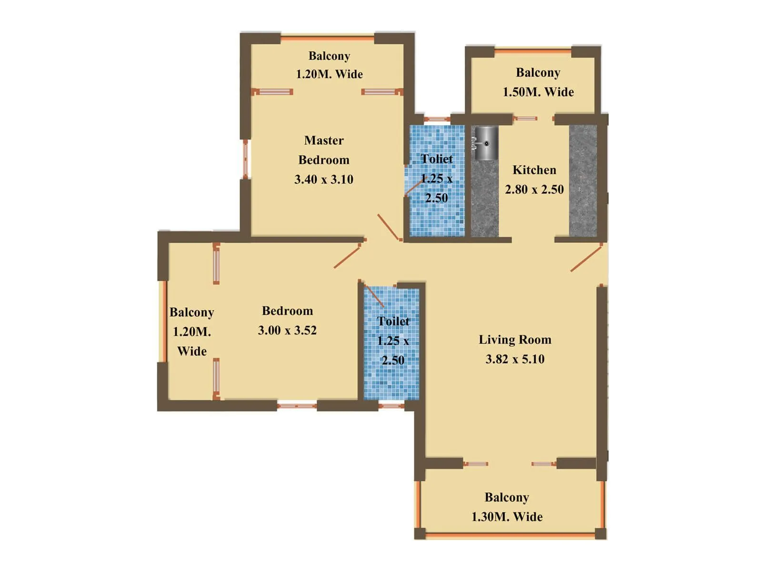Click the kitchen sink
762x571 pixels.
(485, 143)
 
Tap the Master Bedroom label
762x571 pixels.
(324, 150)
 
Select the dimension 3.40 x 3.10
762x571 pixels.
(324, 179)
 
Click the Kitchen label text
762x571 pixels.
(534, 170)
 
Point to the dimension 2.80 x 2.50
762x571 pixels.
(534, 189)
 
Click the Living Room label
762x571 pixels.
(515, 340)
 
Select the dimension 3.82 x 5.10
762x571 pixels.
(515, 359)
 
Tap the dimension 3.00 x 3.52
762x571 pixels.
(287, 330)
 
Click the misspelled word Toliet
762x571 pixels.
(436, 159)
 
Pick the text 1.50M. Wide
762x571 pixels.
(538, 92)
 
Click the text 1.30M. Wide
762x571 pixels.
(507, 517)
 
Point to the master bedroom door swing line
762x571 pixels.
(388, 227)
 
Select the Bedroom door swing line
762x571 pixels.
(347, 257)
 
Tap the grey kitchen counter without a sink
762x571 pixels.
(583, 181)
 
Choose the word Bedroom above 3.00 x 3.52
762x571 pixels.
(287, 311)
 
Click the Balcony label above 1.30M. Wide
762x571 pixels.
(507, 497)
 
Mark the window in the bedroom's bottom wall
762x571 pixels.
(297, 406)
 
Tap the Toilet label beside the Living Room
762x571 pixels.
(393, 321)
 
